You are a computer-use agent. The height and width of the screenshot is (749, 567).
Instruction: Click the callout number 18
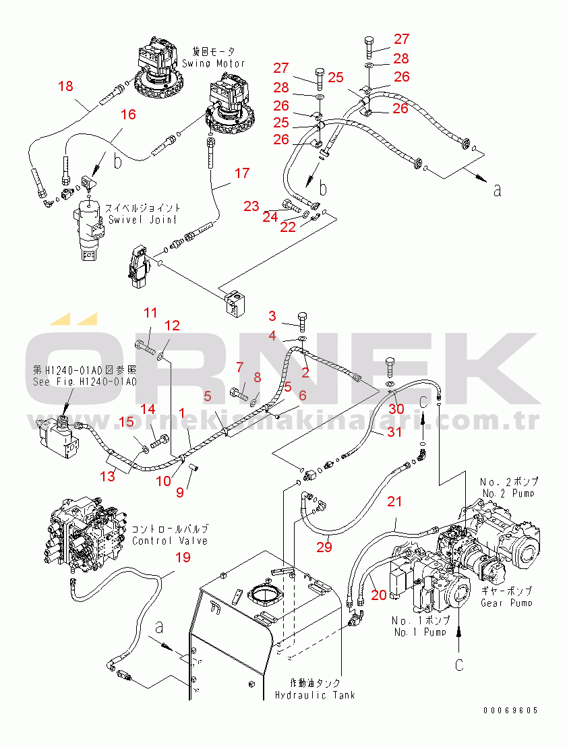[x=65, y=86]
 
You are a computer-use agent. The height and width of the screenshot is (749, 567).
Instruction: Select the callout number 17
[x=241, y=173]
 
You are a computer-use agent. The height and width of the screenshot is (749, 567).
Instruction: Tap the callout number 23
[x=251, y=206]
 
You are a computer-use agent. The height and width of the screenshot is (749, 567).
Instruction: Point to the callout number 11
[x=150, y=313]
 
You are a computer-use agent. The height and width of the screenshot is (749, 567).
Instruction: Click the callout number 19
[x=183, y=557]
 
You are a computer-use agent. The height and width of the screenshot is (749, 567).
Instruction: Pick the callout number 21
[x=394, y=502]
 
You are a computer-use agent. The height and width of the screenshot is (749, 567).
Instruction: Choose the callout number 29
[x=324, y=547]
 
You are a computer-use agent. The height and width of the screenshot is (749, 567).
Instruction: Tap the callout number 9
[x=180, y=492]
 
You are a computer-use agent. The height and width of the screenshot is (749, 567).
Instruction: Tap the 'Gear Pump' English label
[x=506, y=603]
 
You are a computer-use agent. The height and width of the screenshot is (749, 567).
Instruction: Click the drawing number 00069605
[x=510, y=710]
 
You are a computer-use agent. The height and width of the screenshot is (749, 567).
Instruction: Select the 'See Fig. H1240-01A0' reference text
[x=84, y=382]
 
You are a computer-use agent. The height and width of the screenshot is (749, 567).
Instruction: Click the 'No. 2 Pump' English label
[x=509, y=493]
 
